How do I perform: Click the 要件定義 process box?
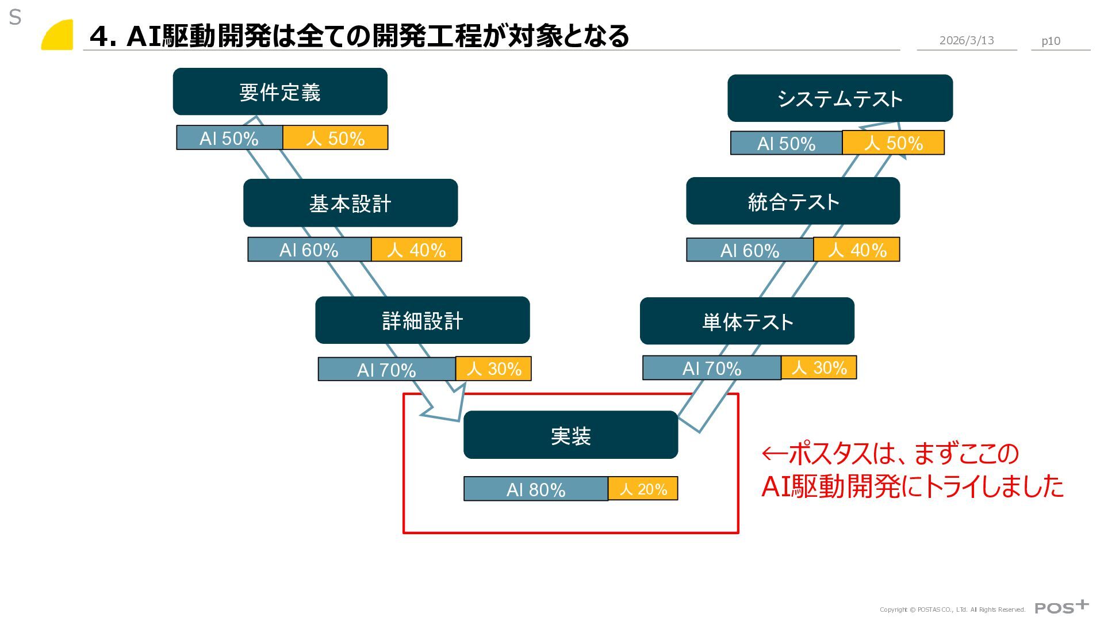(280, 91)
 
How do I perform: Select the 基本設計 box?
(350, 203)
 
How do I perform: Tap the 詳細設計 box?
(422, 320)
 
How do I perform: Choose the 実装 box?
(570, 435)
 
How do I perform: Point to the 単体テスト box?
(747, 321)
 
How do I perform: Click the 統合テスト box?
(793, 201)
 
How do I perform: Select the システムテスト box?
(839, 98)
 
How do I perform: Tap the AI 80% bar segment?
(535, 489)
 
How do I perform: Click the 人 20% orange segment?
(643, 488)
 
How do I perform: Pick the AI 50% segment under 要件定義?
(229, 138)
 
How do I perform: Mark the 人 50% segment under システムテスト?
(893, 143)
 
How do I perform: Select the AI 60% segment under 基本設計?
(309, 250)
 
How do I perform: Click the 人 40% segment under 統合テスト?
(857, 250)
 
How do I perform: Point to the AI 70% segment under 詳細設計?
(386, 369)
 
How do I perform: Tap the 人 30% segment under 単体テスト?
(819, 367)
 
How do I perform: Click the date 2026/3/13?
(967, 40)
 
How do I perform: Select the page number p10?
(1051, 41)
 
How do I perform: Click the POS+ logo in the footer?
(1061, 607)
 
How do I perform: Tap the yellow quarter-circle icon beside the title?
(57, 35)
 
